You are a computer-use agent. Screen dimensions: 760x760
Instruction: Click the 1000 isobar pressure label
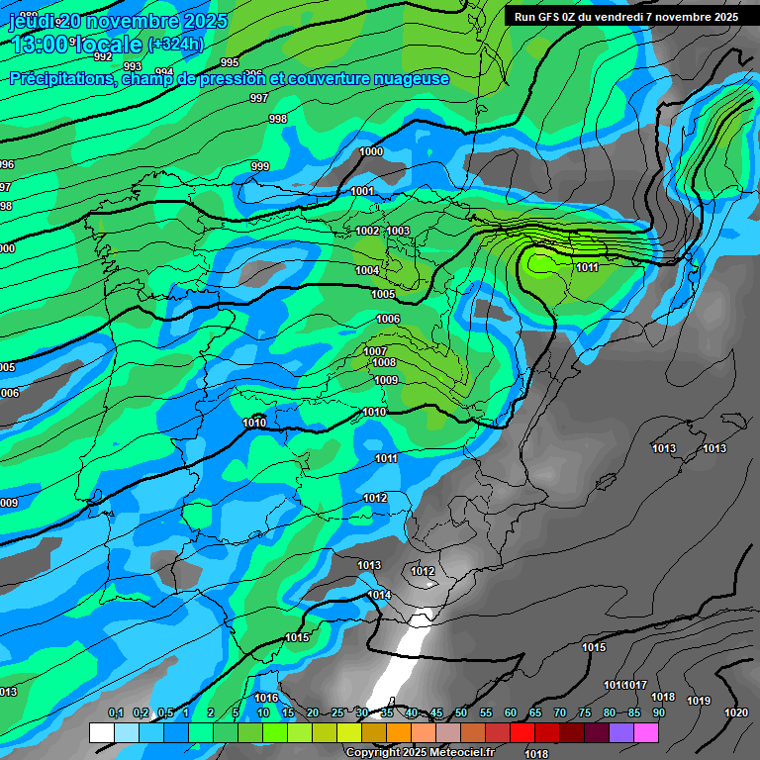pos(371,151)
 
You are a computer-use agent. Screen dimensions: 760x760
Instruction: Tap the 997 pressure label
pos(259,98)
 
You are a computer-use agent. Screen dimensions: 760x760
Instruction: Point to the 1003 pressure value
pos(399,231)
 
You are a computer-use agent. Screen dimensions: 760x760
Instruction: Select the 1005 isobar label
pos(383,294)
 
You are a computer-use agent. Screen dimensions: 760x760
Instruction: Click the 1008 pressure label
pos(385,363)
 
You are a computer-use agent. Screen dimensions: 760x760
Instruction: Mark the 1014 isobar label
pos(378,595)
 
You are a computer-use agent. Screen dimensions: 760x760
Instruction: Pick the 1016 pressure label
pos(266,698)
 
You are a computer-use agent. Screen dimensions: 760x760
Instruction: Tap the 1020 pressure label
pos(735,712)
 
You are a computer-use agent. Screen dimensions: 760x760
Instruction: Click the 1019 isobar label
pos(699,701)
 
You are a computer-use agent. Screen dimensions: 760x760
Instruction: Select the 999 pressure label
pos(259,166)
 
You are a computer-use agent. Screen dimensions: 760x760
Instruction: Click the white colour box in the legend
pos(101,733)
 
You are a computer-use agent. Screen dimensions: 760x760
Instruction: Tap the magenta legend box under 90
pos(646,733)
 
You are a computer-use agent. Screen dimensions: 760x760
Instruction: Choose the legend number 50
pos(461,713)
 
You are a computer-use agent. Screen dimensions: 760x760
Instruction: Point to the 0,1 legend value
pos(116,713)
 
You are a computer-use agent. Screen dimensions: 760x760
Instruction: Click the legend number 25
pos(337,713)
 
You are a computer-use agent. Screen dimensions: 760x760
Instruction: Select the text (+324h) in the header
pos(175,45)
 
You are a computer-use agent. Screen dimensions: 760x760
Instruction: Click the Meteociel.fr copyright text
pos(408,752)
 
